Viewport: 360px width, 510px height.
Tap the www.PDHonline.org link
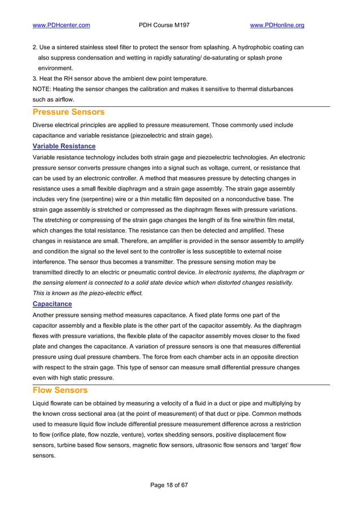277,25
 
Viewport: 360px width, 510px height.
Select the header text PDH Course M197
164,25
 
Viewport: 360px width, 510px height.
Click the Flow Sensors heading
59,390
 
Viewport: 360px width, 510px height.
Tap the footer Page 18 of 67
169,485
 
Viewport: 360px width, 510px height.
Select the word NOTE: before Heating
43,89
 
